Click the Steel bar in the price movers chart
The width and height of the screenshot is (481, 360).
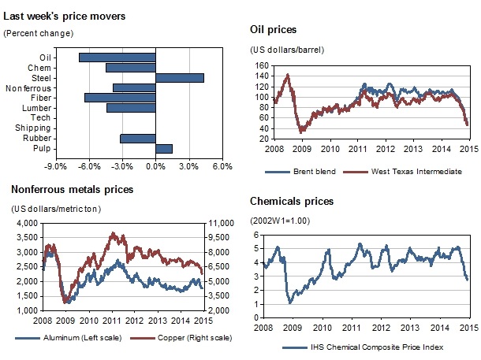pos(180,77)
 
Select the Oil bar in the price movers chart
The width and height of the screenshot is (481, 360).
pos(117,57)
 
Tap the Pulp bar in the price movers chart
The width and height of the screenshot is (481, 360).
pos(164,148)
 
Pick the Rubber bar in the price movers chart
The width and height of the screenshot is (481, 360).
pos(138,138)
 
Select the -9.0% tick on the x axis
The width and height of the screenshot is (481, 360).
pos(54,166)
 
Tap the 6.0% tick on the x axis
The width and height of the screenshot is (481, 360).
pos(222,166)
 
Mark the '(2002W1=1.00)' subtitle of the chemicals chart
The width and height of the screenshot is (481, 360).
pos(281,219)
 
